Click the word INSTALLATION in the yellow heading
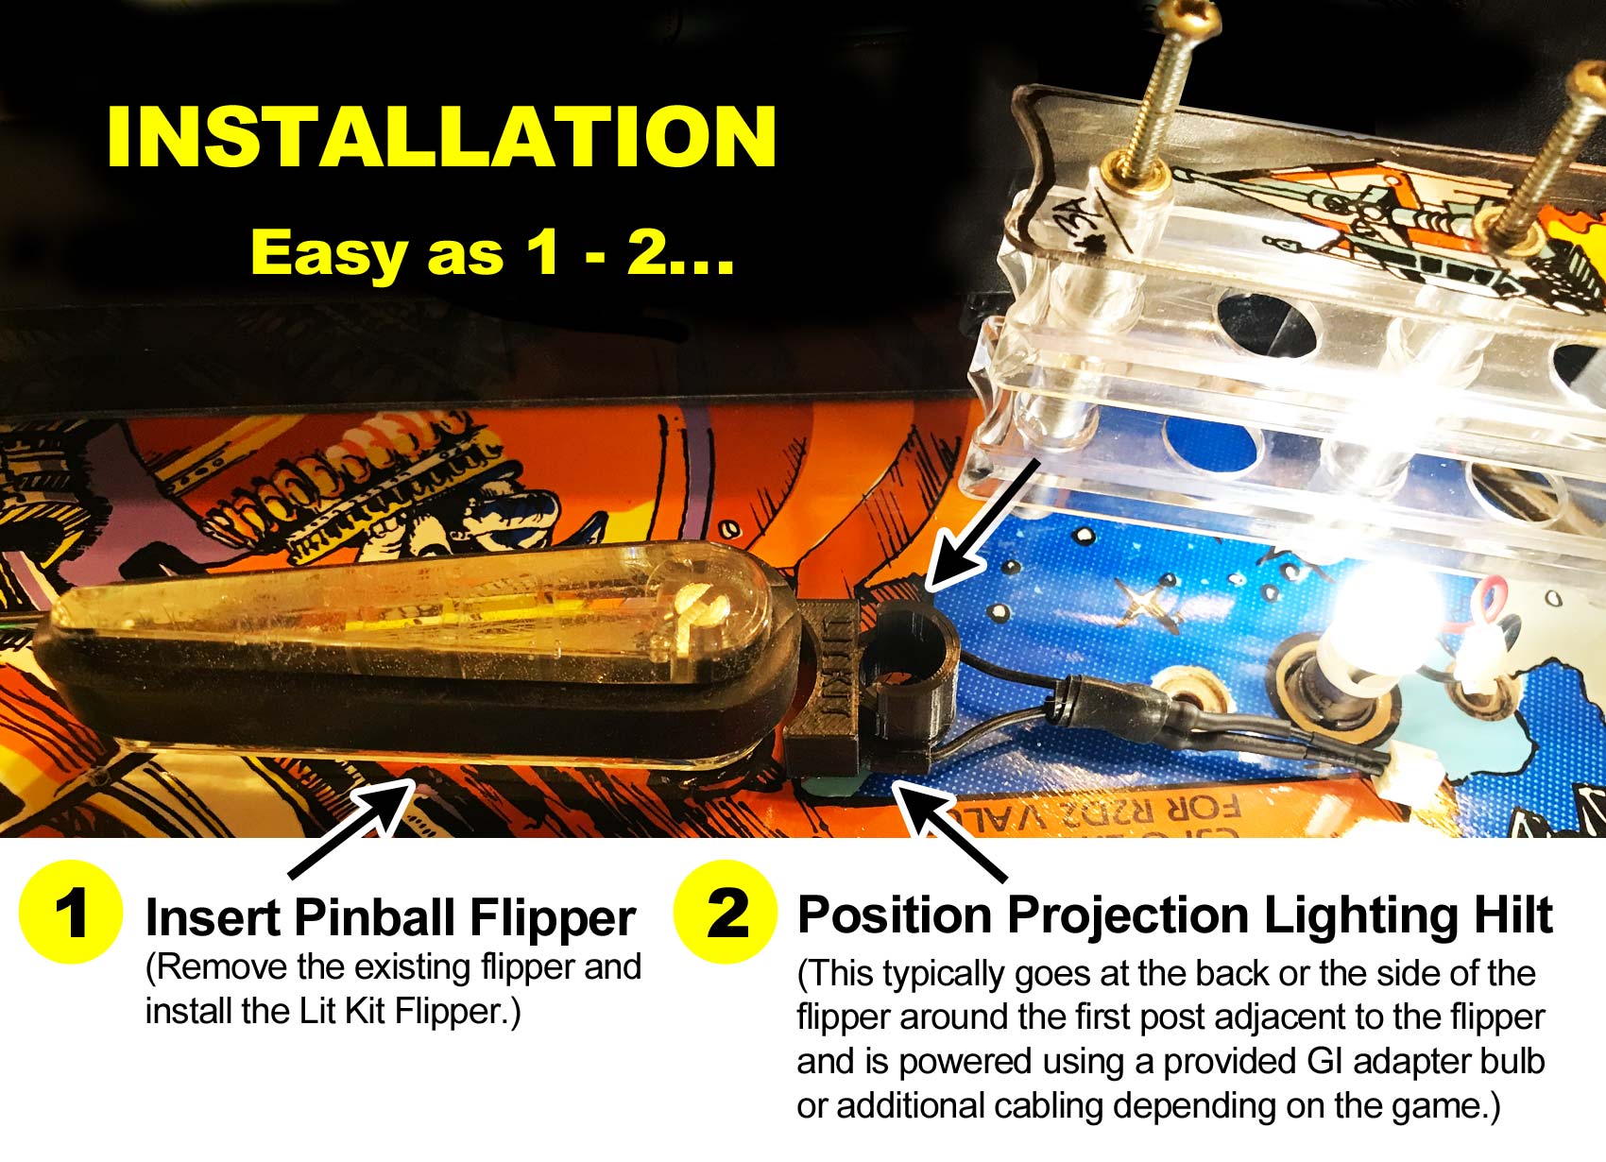tap(442, 136)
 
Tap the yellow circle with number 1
tap(70, 912)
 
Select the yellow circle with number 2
tap(725, 911)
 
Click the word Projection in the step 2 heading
tap(1127, 917)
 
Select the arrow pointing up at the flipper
tap(352, 828)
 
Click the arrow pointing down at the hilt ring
tap(982, 524)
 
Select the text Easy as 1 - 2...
tap(492, 252)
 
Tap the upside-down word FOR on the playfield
tap(1204, 809)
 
